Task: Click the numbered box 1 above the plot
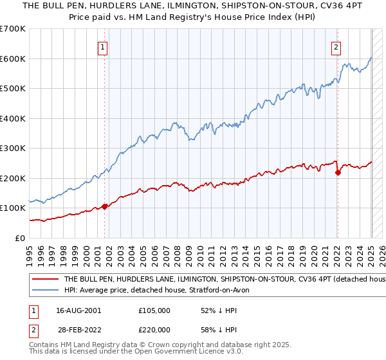(x=103, y=46)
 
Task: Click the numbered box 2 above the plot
(x=336, y=46)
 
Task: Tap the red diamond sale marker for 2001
(x=105, y=207)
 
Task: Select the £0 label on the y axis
(x=21, y=238)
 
